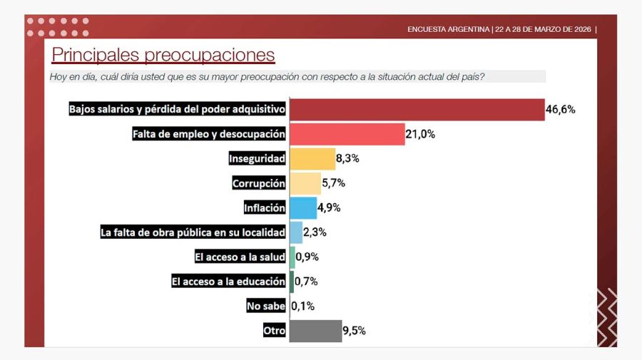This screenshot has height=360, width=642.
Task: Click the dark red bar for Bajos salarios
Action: [417, 109]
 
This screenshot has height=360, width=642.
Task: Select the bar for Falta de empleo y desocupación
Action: [347, 134]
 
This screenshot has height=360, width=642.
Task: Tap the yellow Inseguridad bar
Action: [312, 158]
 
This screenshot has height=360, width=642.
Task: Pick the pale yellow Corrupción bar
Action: [305, 183]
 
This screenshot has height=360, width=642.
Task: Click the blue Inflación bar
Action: [303, 207]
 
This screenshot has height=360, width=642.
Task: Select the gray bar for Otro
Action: [315, 331]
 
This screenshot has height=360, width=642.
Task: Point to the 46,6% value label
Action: [561, 109]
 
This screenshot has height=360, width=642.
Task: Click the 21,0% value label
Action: [420, 134]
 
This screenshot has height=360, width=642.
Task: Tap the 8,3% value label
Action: [347, 158]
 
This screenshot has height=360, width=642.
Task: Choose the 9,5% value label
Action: [355, 331]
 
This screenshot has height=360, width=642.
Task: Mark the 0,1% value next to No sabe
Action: [302, 306]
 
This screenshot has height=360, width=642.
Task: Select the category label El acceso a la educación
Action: [228, 282]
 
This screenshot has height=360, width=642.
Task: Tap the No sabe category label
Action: [266, 306]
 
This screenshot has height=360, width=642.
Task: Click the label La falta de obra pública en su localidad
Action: [193, 232]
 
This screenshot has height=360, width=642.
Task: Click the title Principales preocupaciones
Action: [163, 55]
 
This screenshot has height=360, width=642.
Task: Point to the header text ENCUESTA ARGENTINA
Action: [449, 29]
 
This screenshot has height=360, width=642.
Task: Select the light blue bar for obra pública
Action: [296, 232]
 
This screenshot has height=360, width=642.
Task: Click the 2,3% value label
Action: [315, 232]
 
